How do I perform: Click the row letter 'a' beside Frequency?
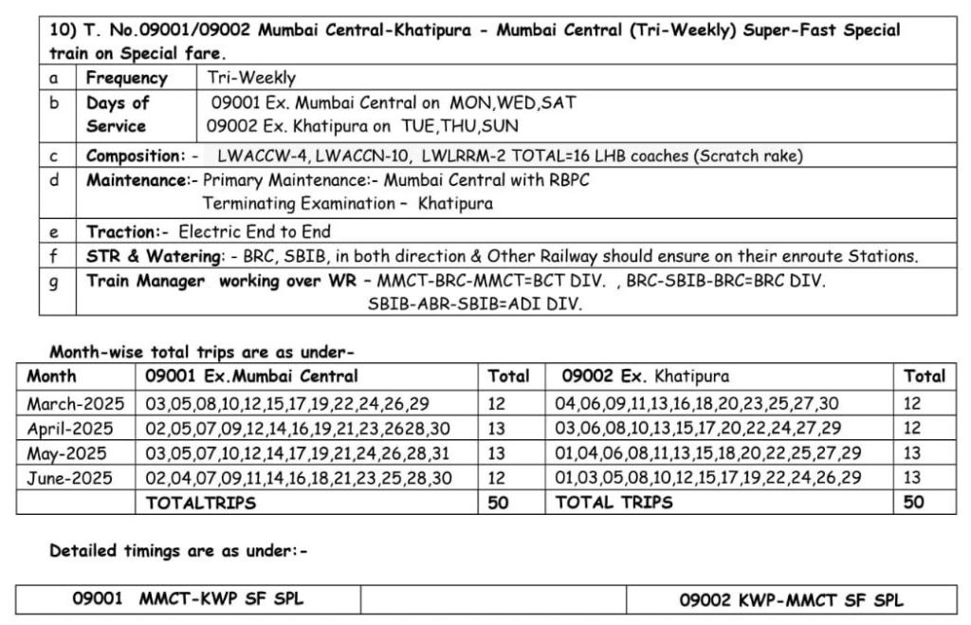(54, 78)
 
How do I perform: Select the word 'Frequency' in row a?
(126, 78)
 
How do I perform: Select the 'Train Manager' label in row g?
(145, 281)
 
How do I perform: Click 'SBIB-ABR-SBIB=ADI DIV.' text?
(474, 304)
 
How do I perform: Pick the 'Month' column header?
(52, 376)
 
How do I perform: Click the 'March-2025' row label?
(69, 403)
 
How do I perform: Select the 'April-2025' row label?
(69, 428)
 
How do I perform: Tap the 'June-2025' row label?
(69, 478)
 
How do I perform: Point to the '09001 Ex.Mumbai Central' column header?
(251, 376)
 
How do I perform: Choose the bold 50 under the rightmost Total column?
(913, 503)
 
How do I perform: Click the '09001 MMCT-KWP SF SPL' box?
(188, 599)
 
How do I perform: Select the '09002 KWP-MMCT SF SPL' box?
(791, 599)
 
